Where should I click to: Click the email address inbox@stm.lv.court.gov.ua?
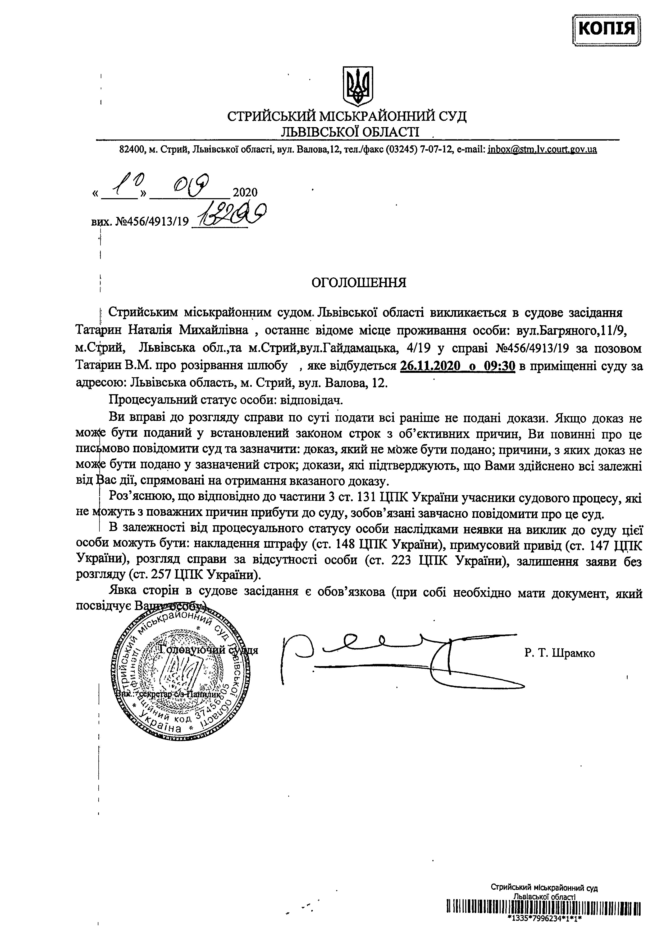pos(542,150)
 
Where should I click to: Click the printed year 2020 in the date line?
pos(245,192)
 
